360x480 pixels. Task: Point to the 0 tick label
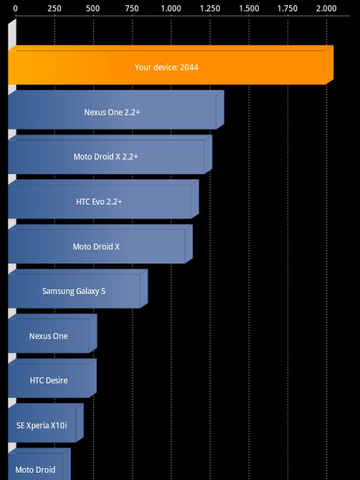point(15,9)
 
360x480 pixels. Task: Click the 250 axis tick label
point(54,9)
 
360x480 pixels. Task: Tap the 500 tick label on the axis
point(93,9)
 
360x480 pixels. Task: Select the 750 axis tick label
point(132,9)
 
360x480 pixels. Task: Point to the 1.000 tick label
point(171,9)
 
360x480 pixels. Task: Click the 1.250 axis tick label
point(210,9)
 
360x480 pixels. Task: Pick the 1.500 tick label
point(249,9)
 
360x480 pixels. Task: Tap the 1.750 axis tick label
point(288,9)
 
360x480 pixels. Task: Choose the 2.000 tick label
point(326,9)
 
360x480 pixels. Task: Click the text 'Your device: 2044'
point(167,67)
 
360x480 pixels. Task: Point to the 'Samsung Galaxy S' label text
point(73,291)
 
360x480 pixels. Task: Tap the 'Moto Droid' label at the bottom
point(35,469)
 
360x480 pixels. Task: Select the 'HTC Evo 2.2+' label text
point(99,202)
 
